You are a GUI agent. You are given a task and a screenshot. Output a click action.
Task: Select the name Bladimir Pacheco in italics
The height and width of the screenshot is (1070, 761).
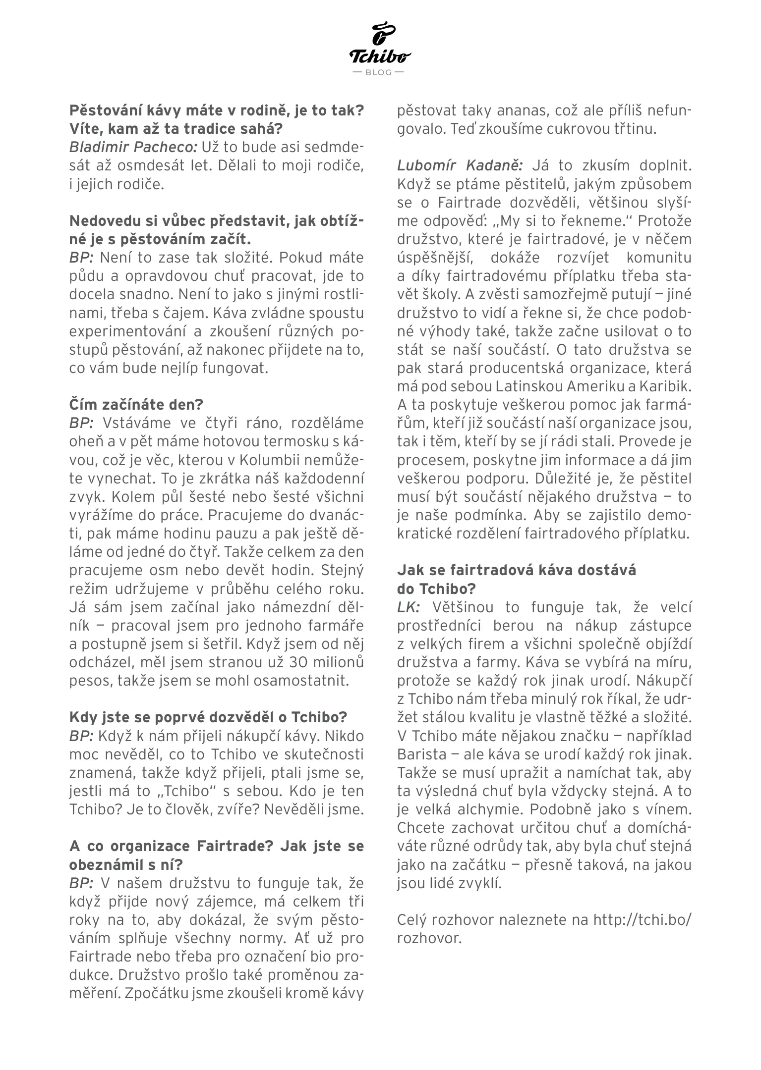coord(133,147)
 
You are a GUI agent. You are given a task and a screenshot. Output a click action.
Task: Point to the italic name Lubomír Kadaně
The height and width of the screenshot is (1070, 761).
coord(461,165)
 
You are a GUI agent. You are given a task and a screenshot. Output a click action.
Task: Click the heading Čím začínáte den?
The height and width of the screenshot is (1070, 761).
coord(136,404)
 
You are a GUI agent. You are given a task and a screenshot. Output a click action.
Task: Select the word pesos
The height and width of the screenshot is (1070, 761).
coord(90,680)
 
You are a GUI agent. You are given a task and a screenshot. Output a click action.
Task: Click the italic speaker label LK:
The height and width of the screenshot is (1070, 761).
coord(409,607)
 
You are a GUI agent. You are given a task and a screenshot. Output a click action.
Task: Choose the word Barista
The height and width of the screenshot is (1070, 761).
coord(423,754)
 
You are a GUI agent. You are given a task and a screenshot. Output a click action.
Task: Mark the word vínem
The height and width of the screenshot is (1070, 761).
coord(668,810)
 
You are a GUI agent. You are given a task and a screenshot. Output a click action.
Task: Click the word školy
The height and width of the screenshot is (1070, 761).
coord(439,294)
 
